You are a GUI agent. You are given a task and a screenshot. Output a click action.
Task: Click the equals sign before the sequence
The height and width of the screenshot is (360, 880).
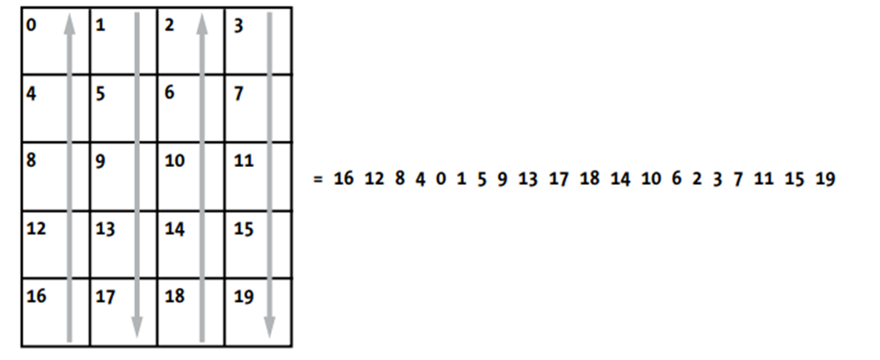point(318,179)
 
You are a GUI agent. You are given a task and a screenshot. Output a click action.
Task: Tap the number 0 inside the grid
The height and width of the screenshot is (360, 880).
point(32,25)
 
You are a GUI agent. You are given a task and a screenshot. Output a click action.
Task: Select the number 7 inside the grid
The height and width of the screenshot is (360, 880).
point(238,93)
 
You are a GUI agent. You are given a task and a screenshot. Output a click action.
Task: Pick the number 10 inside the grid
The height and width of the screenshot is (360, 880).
point(174,161)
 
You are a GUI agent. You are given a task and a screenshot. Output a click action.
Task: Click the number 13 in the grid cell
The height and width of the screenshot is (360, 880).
point(105,229)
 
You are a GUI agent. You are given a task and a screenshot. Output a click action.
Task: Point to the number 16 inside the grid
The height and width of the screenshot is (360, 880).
point(37,296)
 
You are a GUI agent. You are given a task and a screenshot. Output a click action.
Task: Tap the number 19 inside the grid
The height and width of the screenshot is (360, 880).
point(243,296)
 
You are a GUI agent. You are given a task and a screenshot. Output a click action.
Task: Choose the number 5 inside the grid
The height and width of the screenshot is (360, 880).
point(100,93)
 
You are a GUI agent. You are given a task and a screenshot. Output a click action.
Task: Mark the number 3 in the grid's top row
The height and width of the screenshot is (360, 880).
point(238,25)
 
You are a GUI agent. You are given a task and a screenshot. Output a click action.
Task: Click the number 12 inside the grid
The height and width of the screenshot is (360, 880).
point(37,229)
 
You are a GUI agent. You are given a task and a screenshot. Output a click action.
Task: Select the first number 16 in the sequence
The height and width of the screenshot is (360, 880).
point(343,179)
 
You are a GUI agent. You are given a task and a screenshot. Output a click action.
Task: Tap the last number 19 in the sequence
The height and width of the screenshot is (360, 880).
point(824,179)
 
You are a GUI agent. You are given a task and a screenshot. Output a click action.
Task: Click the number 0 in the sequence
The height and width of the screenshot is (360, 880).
point(440,179)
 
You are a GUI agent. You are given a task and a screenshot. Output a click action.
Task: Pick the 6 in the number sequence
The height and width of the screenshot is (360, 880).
point(676,179)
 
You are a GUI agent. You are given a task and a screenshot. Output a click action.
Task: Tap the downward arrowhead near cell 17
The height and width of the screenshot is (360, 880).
point(136,326)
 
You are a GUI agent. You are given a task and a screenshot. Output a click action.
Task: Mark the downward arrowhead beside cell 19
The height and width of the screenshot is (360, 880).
point(270,326)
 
